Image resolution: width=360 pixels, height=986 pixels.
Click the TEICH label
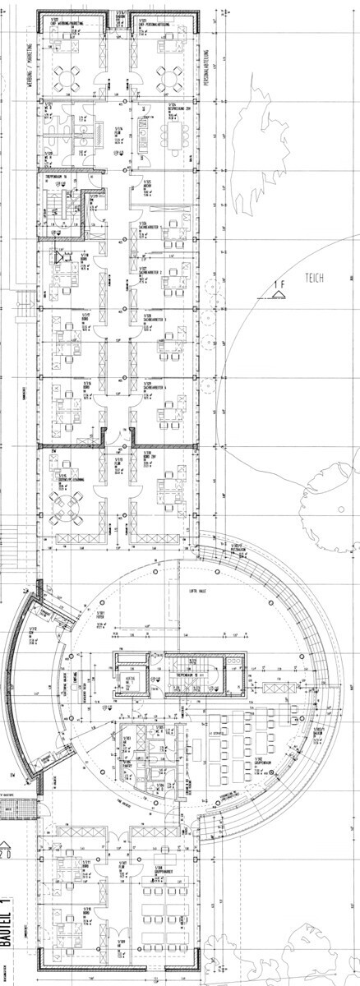[x=313, y=278]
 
